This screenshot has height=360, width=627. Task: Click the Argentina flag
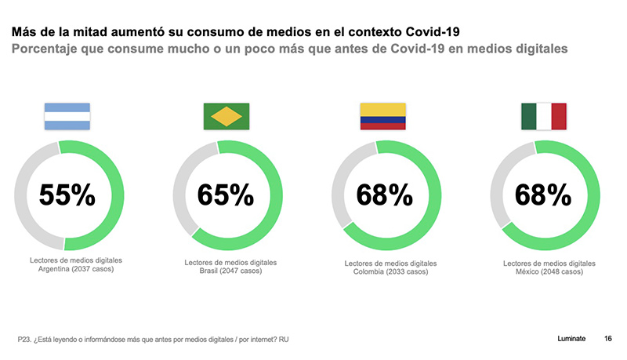click(68, 117)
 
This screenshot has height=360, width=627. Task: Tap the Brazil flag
click(227, 116)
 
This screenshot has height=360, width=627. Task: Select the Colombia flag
click(383, 116)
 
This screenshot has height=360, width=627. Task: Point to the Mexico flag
click(543, 116)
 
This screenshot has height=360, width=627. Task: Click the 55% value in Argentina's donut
click(68, 195)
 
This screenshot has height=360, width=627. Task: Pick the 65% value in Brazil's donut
click(226, 195)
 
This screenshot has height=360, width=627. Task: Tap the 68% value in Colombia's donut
click(384, 195)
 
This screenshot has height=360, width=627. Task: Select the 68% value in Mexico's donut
click(543, 195)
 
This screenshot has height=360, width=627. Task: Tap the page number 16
click(608, 338)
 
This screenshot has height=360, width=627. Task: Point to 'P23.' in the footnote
click(25, 340)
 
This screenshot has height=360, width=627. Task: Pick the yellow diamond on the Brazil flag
click(227, 116)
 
